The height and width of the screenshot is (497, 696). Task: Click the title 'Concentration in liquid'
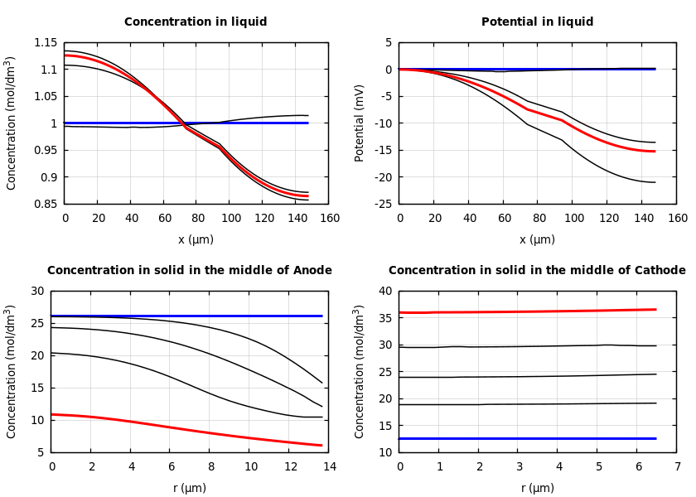pos(196,22)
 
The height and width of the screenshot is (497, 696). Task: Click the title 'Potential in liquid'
pos(537,22)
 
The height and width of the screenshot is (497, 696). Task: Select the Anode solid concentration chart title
pos(189,271)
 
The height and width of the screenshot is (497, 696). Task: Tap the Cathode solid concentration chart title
pos(537,271)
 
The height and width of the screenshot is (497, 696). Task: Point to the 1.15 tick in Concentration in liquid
pos(46,43)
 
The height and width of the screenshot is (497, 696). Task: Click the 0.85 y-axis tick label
pos(46,204)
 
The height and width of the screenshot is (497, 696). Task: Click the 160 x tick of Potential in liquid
pos(677,219)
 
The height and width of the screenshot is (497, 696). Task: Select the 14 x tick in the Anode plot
pos(329,467)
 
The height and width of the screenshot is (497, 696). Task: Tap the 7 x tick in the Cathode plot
pos(677,467)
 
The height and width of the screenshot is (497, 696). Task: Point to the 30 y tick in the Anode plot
pos(36,292)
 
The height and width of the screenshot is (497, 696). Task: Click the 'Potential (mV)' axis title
pos(360,123)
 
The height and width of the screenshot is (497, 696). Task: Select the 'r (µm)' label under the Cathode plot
pos(537,488)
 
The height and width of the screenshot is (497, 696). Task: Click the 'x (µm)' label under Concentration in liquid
pos(196,239)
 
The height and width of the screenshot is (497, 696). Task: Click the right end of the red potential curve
pos(655,152)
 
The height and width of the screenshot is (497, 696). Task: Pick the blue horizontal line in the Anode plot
pos(182,316)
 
